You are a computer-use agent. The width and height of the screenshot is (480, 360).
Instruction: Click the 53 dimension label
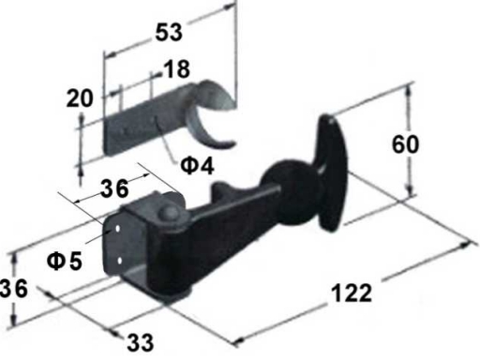169,32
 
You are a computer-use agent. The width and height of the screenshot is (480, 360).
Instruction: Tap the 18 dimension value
176,69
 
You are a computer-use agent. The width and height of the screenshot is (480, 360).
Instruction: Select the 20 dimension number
80,98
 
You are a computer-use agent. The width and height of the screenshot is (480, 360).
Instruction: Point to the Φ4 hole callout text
198,165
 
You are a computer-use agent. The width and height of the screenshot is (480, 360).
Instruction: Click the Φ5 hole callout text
65,261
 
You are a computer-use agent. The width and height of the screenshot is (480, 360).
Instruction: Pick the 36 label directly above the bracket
114,188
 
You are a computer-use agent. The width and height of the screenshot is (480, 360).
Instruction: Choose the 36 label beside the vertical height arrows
14,288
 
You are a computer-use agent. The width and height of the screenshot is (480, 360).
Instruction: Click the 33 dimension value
141,342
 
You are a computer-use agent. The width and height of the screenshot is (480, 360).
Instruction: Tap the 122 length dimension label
352,293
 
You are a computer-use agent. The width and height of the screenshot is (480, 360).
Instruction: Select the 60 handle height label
405,144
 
